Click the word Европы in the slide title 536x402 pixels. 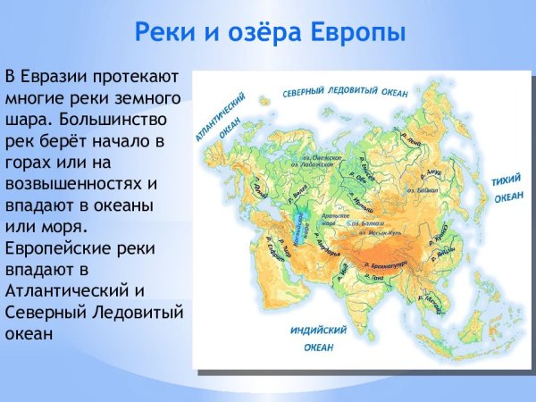(x=357, y=33)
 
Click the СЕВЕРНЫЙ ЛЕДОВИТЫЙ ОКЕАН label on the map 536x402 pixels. (x=346, y=93)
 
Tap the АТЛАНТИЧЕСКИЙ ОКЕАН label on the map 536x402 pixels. (x=211, y=121)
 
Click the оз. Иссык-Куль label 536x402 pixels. (x=378, y=233)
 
